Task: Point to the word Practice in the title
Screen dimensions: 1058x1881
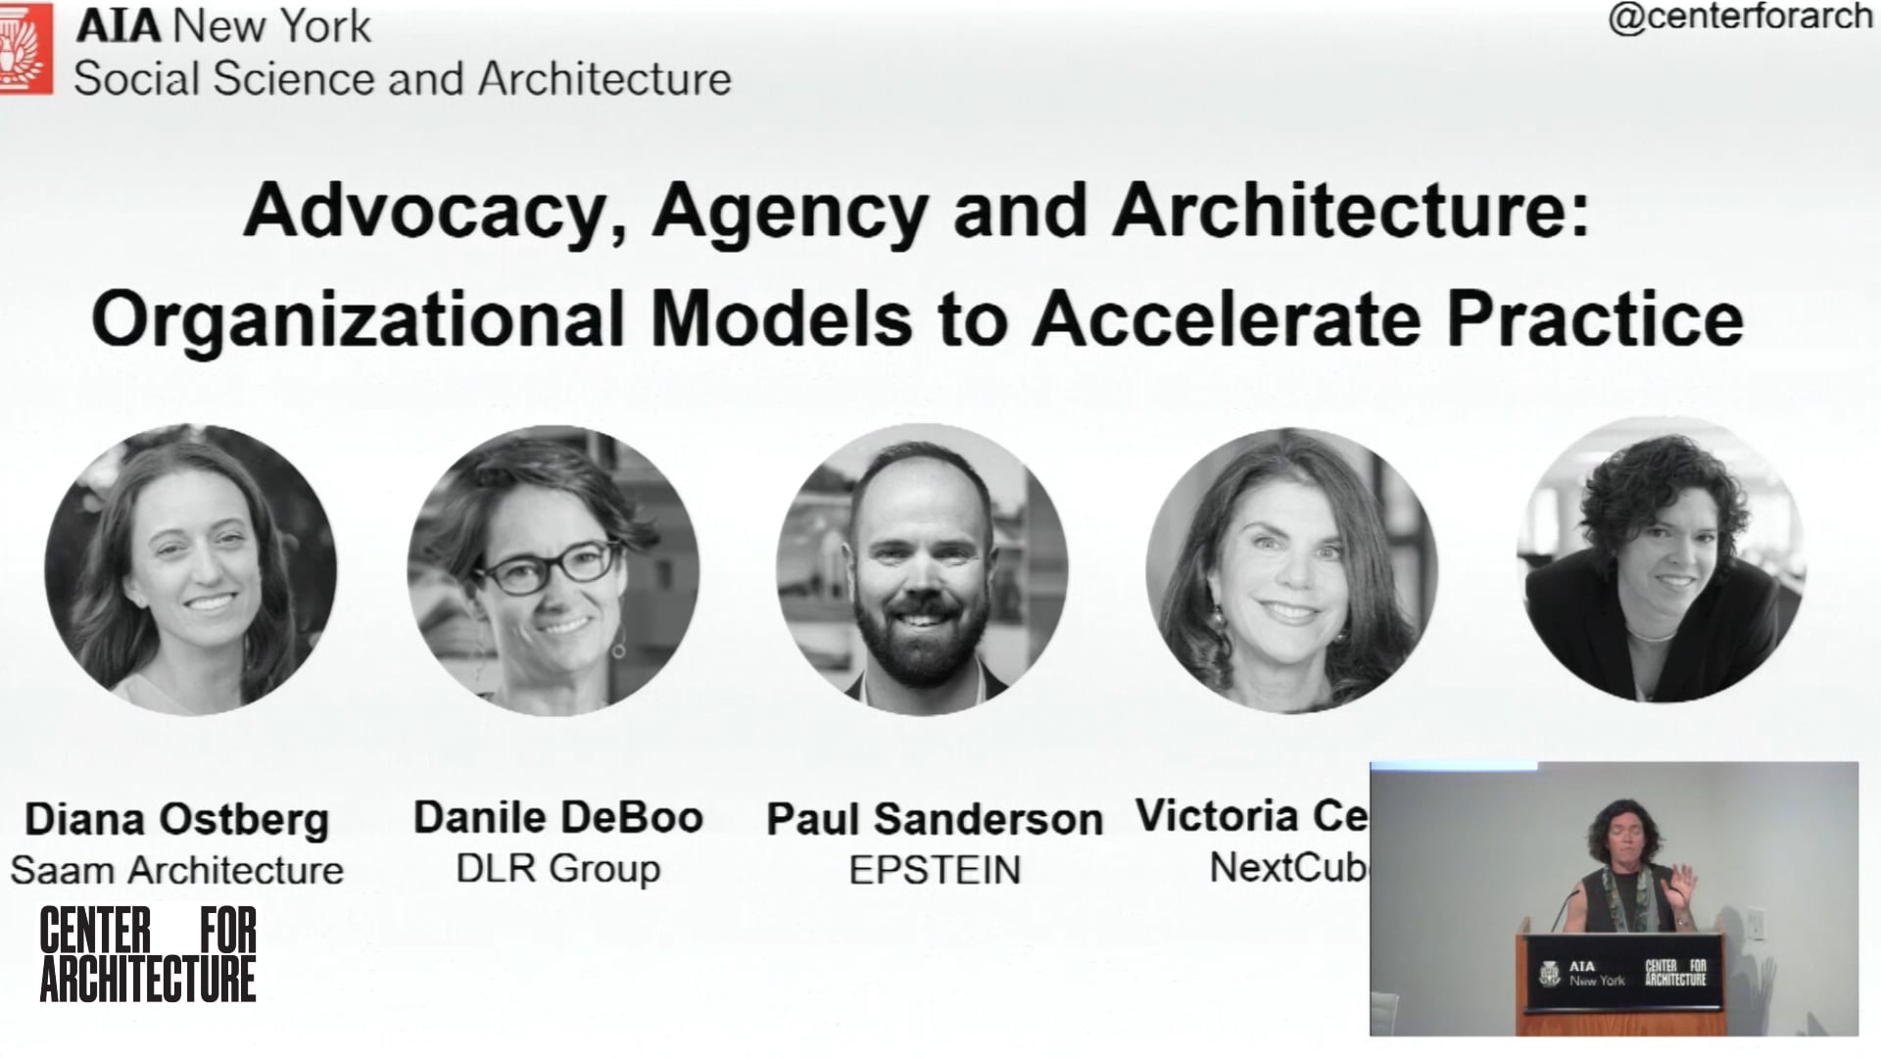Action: pyautogui.click(x=1594, y=318)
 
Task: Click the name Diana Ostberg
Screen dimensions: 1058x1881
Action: pyautogui.click(x=176, y=819)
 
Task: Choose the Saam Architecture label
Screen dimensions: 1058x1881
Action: pyautogui.click(x=176, y=870)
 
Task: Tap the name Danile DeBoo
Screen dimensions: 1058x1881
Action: pyautogui.click(x=557, y=817)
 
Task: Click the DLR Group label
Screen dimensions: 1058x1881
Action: pyautogui.click(x=557, y=868)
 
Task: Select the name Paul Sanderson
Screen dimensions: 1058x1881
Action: pyautogui.click(x=934, y=819)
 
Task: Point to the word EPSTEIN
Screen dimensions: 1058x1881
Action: pyautogui.click(x=934, y=870)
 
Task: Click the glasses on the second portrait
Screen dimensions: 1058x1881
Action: pyautogui.click(x=551, y=567)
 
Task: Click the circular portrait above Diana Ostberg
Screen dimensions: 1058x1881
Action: pyautogui.click(x=191, y=570)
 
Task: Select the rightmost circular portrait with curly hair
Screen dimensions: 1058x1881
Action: pyautogui.click(x=1663, y=560)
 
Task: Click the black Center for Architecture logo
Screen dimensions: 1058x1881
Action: pyautogui.click(x=147, y=954)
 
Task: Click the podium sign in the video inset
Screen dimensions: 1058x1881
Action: pyautogui.click(x=1621, y=972)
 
